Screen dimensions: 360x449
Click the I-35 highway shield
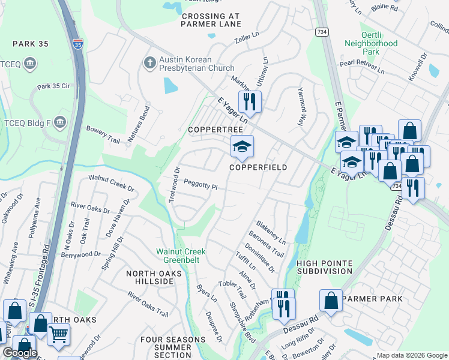click(77, 44)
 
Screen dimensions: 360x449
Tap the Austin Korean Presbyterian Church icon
click(149, 61)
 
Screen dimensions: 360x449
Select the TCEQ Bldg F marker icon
click(59, 122)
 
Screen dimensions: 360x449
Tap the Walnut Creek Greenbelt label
click(181, 255)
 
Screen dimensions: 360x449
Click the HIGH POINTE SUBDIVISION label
click(324, 267)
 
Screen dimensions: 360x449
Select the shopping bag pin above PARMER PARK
click(331, 301)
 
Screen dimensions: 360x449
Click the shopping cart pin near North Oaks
click(58, 334)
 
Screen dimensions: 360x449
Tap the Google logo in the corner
click(20, 353)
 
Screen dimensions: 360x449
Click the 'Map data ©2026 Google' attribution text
click(411, 355)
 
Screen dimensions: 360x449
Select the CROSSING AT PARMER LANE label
click(211, 20)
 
